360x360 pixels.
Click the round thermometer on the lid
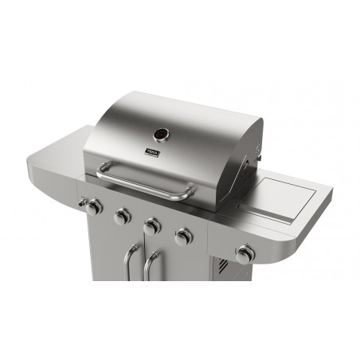(x=161, y=133)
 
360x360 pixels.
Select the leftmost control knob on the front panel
(x=93, y=207)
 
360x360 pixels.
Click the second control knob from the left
(x=123, y=216)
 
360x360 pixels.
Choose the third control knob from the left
(x=152, y=226)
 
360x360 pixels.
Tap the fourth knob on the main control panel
(x=183, y=237)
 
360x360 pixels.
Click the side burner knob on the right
(x=245, y=254)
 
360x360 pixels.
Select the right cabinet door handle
(x=151, y=266)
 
